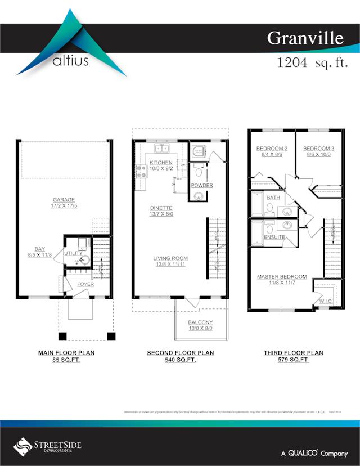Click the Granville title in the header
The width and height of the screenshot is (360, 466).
(304, 38)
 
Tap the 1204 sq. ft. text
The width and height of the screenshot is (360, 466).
(310, 62)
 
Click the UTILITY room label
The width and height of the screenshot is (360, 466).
(73, 254)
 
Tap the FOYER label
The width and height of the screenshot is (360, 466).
(85, 284)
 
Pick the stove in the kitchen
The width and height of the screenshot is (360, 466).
(141, 171)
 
